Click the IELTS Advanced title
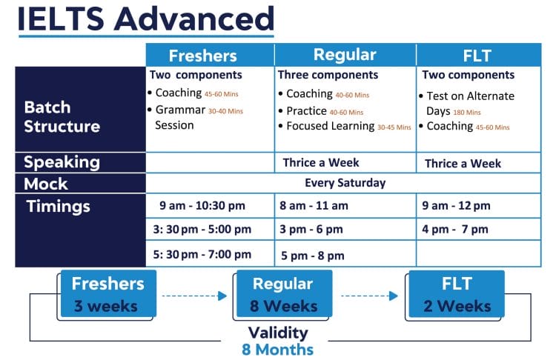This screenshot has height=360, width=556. tap(145, 19)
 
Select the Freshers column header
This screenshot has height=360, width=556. tap(202, 56)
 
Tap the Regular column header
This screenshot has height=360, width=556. tap(345, 56)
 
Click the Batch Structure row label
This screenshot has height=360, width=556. tap(62, 117)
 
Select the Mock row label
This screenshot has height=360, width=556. tap(46, 184)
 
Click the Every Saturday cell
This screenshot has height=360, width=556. tap(345, 183)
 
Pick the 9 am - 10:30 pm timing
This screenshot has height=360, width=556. tap(202, 206)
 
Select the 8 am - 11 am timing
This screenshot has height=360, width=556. tap(314, 206)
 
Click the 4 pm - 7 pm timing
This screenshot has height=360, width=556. tap(455, 230)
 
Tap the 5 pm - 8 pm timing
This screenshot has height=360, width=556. tap(312, 256)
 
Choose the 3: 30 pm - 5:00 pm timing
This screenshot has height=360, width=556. tap(201, 230)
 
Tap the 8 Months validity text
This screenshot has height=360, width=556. tap(277, 350)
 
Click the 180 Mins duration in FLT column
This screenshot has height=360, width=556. tap(467, 113)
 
